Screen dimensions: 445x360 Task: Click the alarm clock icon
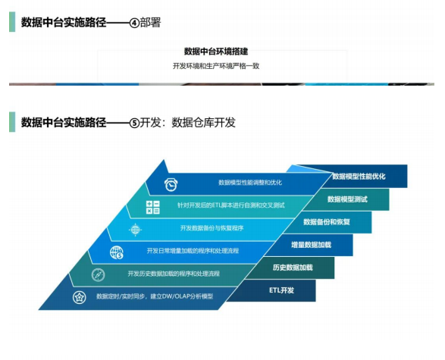pos(171,185)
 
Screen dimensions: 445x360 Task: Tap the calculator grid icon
pos(152,207)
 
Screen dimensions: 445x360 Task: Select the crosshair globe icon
pos(135,229)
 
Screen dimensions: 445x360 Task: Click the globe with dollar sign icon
pos(117,252)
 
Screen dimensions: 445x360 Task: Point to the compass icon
pos(99,275)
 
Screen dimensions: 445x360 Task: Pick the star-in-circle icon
pos(79,297)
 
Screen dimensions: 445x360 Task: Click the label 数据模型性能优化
pos(359,177)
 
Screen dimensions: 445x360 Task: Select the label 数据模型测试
pos(347,199)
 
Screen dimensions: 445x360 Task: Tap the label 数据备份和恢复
pos(327,222)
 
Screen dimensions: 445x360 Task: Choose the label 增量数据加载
pos(311,245)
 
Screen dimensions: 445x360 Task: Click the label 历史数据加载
pos(293,268)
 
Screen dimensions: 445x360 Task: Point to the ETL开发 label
pos(281,290)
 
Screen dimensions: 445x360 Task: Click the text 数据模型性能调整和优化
pos(250,183)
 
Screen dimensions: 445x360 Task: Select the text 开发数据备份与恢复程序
pos(212,228)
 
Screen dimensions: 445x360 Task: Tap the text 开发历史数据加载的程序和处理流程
pos(174,274)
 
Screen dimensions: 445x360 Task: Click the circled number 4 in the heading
pos(134,23)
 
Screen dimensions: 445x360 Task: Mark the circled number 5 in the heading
pos(134,123)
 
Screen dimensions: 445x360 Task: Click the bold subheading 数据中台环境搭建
pos(216,52)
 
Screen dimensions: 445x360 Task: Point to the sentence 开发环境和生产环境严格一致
pos(216,66)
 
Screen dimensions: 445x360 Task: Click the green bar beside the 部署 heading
pos(12,21)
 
